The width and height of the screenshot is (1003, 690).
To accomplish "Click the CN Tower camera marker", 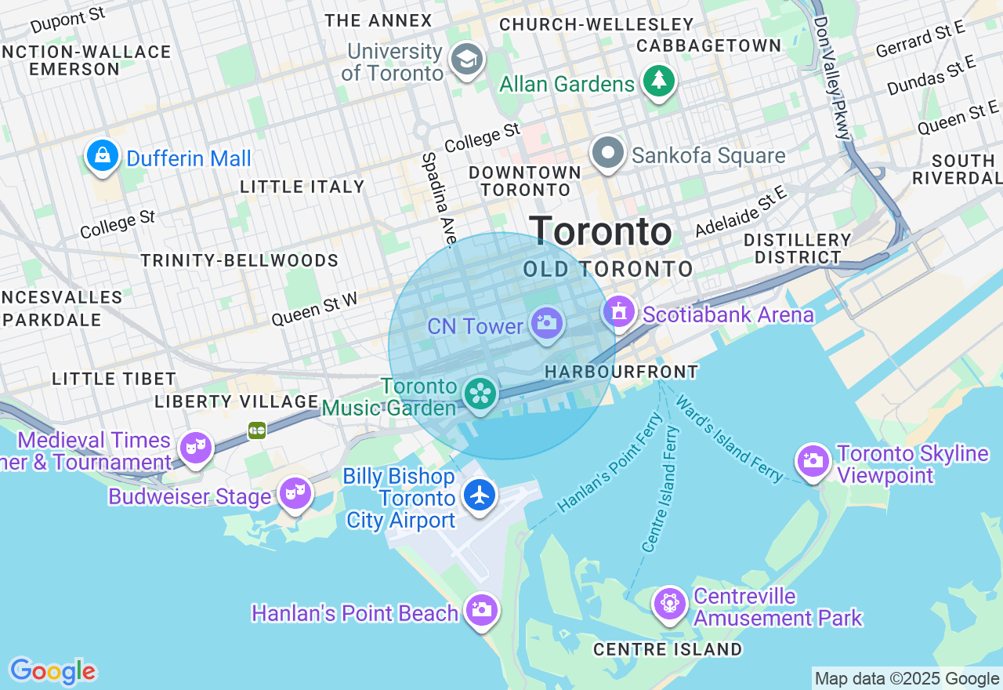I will coord(546,322).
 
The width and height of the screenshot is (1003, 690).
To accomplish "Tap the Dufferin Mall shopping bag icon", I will coord(103,155).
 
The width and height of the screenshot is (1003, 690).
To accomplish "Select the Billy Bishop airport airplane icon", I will coord(480,495).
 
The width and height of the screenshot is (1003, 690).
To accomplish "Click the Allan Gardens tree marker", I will coord(659,80).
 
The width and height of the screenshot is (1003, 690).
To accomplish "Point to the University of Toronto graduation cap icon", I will coord(468,59).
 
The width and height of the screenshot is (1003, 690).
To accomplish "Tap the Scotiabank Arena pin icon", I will coord(618,312).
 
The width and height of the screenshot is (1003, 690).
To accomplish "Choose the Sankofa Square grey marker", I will coord(608,152).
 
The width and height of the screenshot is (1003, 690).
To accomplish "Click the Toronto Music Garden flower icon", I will coord(480,394).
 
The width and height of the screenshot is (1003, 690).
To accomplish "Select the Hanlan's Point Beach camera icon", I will coord(481,609).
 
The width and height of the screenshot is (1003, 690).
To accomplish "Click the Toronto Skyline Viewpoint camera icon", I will coord(813,461).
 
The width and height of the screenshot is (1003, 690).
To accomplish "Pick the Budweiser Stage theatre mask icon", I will coord(295,493).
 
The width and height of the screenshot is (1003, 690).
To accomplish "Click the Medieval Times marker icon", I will coord(195,448).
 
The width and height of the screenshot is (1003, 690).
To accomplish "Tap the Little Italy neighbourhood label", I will coord(302,187).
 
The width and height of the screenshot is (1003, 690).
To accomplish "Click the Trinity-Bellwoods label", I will coord(239,260).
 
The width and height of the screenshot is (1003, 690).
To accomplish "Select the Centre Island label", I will coord(668,649).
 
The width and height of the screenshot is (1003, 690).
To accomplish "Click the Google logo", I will coord(53,671).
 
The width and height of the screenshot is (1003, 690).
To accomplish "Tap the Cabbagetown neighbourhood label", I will coord(708,46).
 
